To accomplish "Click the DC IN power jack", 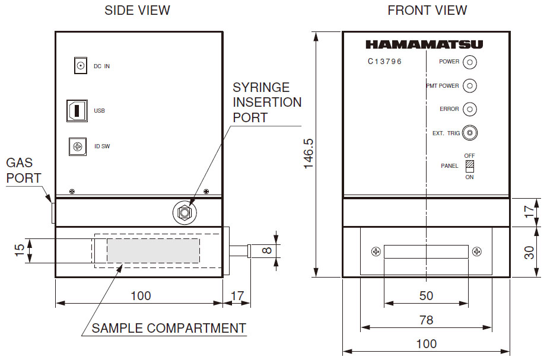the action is [81, 66].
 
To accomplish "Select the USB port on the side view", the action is [77, 110].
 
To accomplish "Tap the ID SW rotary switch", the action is [78, 146].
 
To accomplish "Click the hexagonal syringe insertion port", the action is [185, 212].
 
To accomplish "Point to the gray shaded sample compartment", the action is [153, 250].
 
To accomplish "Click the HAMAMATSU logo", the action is [424, 44].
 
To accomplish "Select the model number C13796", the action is [385, 62].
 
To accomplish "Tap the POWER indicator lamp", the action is [469, 62].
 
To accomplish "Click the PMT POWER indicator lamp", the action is [469, 85].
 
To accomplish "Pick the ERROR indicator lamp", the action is [469, 109].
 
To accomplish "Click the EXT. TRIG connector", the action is [469, 133].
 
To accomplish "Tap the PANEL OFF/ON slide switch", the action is [469, 166].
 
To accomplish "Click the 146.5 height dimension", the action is [309, 154].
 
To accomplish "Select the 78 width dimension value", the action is [427, 320].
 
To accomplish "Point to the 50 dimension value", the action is [427, 296].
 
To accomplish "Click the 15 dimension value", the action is [19, 250].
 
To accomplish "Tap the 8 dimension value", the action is [267, 250].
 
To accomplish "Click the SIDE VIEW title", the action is [138, 11].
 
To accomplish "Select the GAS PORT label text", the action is [24, 170].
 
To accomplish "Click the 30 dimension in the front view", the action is [529, 252].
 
